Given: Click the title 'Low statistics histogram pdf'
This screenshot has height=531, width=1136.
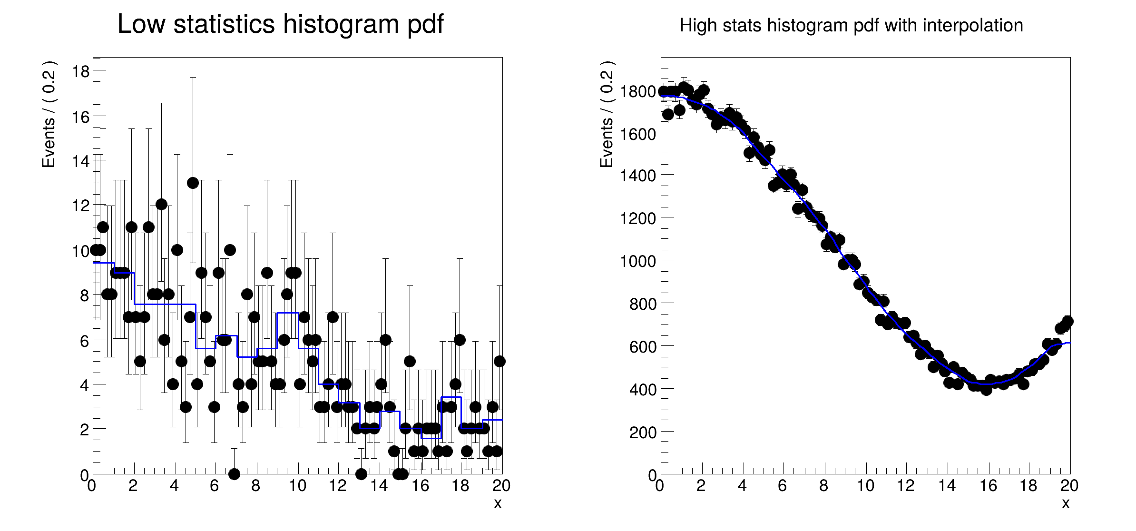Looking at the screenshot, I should pos(280,24).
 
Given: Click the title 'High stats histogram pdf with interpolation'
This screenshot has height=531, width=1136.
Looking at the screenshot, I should pos(851,25).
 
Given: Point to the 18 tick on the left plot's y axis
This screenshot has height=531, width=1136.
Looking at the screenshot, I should pos(81,71).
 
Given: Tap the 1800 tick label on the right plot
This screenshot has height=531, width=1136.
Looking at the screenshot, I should pos(638,91).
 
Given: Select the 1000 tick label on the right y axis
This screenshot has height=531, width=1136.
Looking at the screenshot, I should pos(638,261).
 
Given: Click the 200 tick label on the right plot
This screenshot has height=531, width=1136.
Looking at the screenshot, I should pos(643,433).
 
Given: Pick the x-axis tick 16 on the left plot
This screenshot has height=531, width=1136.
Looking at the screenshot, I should pos(420,486).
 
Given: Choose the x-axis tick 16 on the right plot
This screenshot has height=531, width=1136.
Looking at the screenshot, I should pos(988,486).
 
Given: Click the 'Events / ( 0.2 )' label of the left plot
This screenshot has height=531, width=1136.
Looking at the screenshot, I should pos(49,114).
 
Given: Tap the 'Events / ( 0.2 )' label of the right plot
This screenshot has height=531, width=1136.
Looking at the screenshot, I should pos(607,114).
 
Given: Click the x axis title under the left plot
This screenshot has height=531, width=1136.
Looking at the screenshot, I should pos(498,503).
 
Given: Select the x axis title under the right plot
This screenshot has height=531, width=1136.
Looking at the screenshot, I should pos(1066,503).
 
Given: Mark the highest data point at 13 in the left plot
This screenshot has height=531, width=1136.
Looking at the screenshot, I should pos(193,183).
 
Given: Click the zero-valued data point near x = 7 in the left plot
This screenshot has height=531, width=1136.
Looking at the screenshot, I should pos(234,473).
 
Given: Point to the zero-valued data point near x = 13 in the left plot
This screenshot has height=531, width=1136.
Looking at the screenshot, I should pos(361,473).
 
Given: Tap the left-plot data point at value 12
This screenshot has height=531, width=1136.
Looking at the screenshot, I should pos(161,204).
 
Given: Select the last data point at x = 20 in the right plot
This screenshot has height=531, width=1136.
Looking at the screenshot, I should pos(1067,321).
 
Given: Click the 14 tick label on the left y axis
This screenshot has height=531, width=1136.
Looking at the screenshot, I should pos(81,161).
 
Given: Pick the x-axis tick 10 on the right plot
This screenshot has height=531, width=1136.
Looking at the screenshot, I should pos(865,486).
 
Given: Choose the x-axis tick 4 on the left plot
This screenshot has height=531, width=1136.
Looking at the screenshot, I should pos(174,486).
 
